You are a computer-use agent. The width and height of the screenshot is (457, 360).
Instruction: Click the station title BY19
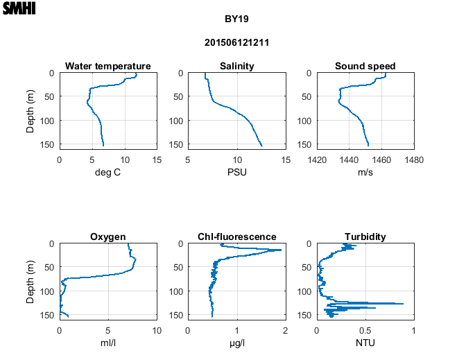[x=236, y=19]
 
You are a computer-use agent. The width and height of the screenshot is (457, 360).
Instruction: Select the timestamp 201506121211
[x=236, y=42]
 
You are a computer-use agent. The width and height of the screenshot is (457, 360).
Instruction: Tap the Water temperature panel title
[x=108, y=66]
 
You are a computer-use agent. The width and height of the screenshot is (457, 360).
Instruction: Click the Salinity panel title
[x=236, y=66]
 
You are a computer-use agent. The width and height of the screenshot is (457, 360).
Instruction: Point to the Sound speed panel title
[x=365, y=66]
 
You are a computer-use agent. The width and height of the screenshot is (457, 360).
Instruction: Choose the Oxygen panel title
[x=108, y=237]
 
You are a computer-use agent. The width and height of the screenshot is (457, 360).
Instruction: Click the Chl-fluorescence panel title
[x=236, y=237]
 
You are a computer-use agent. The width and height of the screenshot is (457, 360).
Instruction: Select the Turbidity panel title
[x=365, y=237]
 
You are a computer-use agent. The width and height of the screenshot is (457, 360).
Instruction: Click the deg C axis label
[x=108, y=172]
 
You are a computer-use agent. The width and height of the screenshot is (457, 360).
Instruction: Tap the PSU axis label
[x=236, y=172]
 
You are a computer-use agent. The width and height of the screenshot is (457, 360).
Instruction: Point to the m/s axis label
[x=365, y=172]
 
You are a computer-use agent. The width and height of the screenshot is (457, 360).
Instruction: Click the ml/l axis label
[x=108, y=343]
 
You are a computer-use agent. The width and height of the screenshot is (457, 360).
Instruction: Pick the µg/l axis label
[x=236, y=343]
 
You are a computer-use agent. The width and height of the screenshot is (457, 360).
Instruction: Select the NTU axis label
[x=365, y=343]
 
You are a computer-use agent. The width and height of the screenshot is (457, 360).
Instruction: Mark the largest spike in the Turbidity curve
[x=403, y=303]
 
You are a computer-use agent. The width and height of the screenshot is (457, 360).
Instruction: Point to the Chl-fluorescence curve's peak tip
[x=281, y=250]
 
